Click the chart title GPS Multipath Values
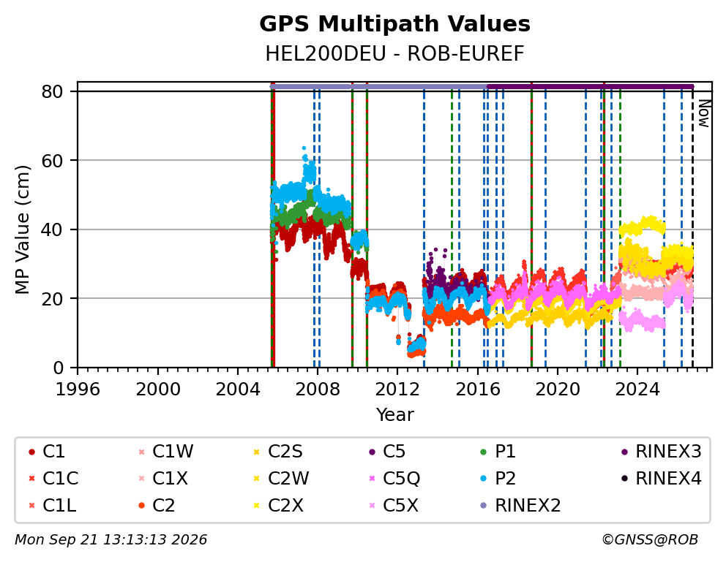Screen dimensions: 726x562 pyautogui.click(x=394, y=24)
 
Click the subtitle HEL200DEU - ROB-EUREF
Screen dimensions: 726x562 pyautogui.click(x=394, y=53)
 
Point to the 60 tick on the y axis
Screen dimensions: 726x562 pyautogui.click(x=52, y=160)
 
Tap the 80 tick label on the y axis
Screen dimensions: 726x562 pyautogui.click(x=52, y=91)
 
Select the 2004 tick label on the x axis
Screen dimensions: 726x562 pyautogui.click(x=238, y=389)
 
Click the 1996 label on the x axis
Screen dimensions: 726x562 pyautogui.click(x=78, y=389)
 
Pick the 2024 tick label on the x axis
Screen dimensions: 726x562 pyautogui.click(x=637, y=389)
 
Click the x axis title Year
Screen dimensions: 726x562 pyautogui.click(x=394, y=414)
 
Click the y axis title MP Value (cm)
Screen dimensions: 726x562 pyautogui.click(x=22, y=229)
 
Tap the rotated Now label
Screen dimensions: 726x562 pyautogui.click(x=704, y=113)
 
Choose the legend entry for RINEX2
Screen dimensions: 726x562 pyautogui.click(x=521, y=505)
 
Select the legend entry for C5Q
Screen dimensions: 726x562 pyautogui.click(x=394, y=479)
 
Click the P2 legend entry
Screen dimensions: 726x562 pyautogui.click(x=498, y=479)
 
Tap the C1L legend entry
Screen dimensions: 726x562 pyautogui.click(x=52, y=505)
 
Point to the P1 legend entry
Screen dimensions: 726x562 pyautogui.click(x=498, y=451)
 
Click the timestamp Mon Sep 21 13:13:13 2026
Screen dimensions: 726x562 pyautogui.click(x=111, y=539)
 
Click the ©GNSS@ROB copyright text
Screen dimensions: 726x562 pyautogui.click(x=650, y=539)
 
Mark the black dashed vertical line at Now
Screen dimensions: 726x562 pyautogui.click(x=692, y=227)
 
